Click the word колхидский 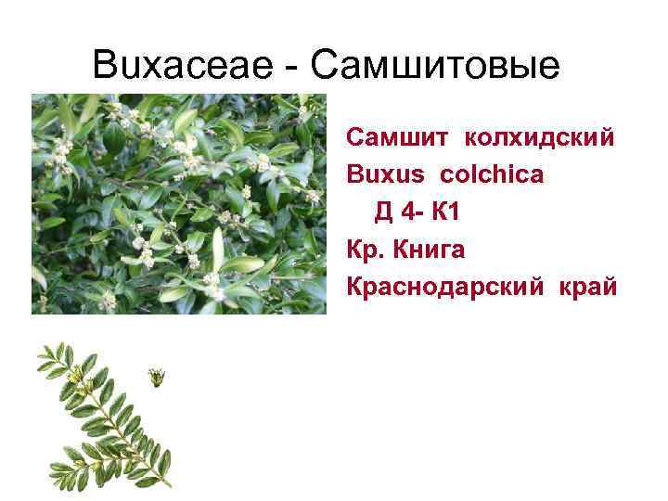[538, 139]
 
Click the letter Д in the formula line [383, 212]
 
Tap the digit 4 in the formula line [409, 212]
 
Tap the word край [587, 287]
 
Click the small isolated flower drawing [158, 377]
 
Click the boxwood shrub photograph [179, 204]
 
